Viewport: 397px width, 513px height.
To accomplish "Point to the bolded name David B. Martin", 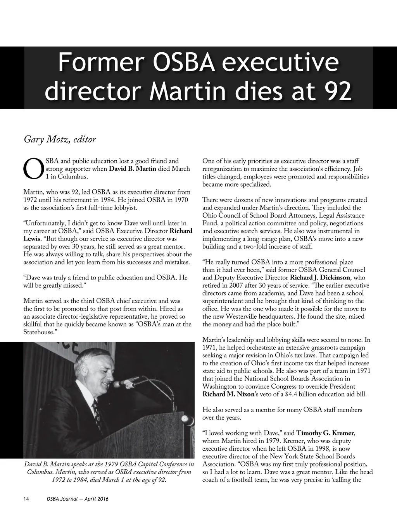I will [x=133, y=169].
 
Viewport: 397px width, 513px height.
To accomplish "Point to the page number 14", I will [x=26, y=499].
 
